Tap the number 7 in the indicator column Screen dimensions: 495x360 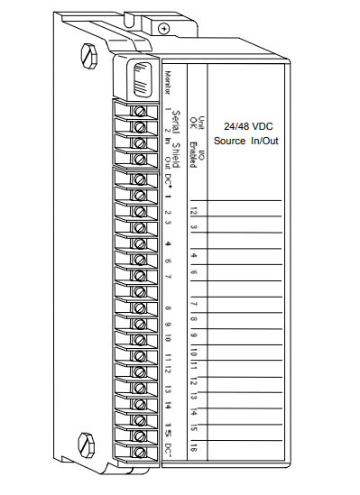pyautogui.click(x=194, y=304)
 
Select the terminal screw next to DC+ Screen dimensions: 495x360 pyautogui.click(x=139, y=179)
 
